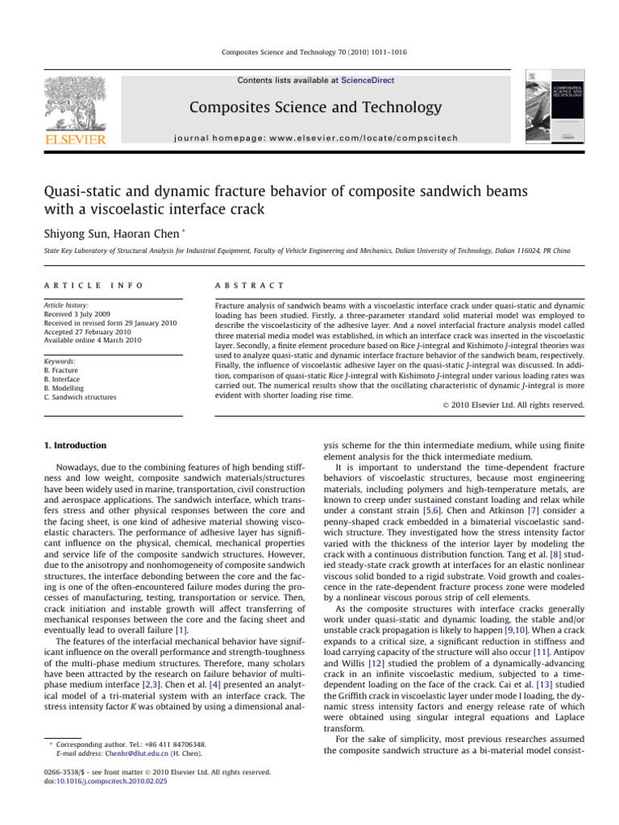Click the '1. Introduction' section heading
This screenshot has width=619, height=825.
(x=75, y=445)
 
